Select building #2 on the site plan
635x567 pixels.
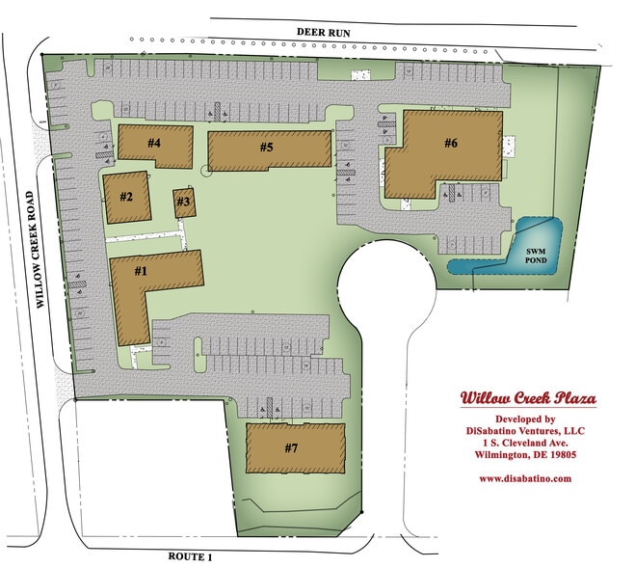[x=126, y=196]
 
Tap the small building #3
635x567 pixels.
[x=184, y=203]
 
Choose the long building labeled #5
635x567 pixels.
[x=267, y=149]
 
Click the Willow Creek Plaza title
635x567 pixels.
[x=527, y=399]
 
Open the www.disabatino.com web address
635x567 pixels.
[x=526, y=478]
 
